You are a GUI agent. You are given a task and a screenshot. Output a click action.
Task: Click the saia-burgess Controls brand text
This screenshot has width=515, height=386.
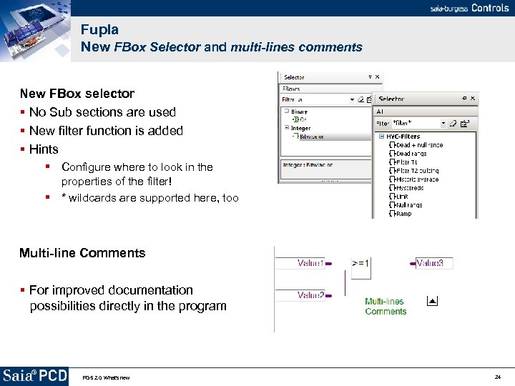(469, 8)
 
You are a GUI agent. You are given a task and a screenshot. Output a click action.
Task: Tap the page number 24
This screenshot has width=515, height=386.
(497, 377)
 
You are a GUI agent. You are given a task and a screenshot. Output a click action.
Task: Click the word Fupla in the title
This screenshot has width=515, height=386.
(99, 29)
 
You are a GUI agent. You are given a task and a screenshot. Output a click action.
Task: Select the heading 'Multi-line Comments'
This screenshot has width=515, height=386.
(82, 252)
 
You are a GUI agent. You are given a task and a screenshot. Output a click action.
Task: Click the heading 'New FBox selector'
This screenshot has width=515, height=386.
(77, 93)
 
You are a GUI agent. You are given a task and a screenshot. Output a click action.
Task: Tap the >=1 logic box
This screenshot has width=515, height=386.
(360, 263)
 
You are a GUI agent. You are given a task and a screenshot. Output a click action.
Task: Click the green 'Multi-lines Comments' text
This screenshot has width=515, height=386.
(386, 307)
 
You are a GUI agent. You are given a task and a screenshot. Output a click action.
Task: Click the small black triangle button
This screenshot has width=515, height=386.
(431, 301)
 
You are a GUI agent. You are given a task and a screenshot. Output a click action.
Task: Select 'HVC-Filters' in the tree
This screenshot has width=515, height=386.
(403, 137)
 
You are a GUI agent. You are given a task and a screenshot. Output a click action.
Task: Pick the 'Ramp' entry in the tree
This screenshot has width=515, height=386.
(403, 214)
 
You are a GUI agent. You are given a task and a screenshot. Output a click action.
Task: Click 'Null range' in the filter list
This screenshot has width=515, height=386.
(409, 205)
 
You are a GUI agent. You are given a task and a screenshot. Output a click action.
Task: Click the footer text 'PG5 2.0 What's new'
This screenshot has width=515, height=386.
(106, 377)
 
